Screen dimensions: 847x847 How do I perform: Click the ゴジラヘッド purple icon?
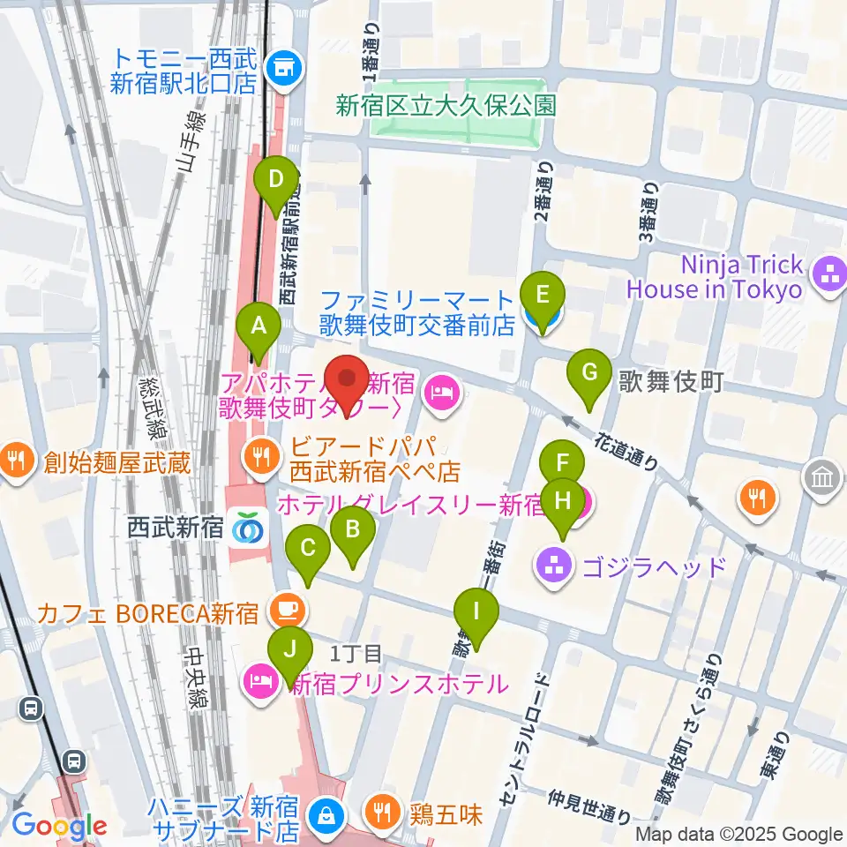point(553,566)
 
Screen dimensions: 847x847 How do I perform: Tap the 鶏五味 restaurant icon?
point(382,813)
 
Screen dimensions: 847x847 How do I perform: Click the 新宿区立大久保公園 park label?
point(446,106)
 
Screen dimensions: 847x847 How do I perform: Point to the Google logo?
point(59,826)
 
